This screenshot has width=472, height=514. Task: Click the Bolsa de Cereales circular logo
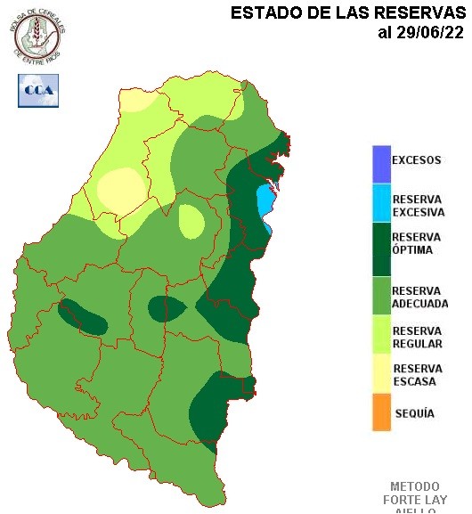click(x=40, y=33)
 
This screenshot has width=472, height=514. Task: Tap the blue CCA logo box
click(x=37, y=90)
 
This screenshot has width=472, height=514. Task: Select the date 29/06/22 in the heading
click(x=429, y=33)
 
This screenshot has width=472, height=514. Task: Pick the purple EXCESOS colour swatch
click(x=381, y=161)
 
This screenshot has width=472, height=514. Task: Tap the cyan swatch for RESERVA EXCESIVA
click(x=381, y=204)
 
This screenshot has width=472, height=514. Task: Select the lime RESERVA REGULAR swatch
click(x=381, y=337)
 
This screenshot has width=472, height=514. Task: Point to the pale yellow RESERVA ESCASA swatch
click(x=381, y=375)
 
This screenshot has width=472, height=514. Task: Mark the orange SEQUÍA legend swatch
click(x=381, y=413)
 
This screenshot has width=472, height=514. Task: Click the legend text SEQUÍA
click(x=413, y=414)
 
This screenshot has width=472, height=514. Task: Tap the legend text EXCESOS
click(x=417, y=161)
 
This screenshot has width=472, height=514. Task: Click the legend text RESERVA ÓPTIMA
click(x=416, y=243)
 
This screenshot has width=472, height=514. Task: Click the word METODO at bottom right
click(x=415, y=487)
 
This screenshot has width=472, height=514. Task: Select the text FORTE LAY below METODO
click(x=415, y=500)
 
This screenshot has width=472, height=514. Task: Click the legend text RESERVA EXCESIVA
click(x=418, y=206)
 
